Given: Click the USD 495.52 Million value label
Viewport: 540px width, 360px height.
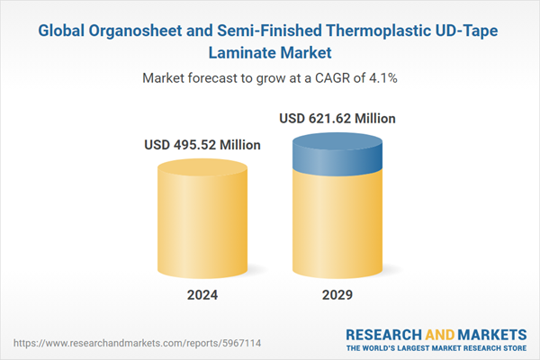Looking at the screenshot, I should click(202, 145).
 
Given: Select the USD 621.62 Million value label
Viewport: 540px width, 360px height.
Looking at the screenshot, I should click(337, 118).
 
